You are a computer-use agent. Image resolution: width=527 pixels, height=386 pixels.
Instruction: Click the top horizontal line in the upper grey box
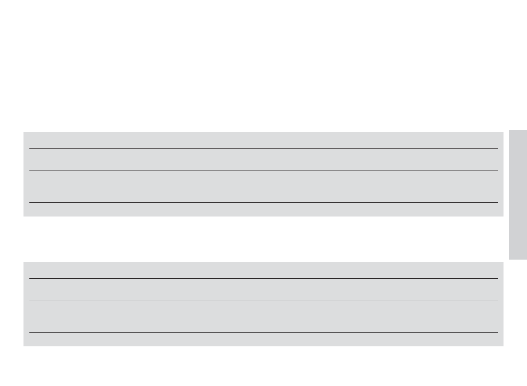click(263, 148)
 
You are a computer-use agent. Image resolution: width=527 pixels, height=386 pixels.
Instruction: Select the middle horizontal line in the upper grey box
click(263, 170)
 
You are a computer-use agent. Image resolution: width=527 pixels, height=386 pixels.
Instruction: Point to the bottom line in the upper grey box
click(263, 202)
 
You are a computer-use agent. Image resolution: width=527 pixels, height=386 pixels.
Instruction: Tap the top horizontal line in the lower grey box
click(263, 278)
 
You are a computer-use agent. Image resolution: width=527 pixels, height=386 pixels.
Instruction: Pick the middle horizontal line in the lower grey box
click(263, 300)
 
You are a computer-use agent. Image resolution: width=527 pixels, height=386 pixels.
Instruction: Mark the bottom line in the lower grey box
click(263, 333)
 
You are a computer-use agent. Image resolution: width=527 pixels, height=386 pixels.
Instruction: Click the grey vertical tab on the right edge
click(518, 194)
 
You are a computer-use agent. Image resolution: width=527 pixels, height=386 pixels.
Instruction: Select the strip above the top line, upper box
click(263, 141)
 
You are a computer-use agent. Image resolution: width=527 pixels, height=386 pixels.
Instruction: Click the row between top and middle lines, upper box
click(263, 159)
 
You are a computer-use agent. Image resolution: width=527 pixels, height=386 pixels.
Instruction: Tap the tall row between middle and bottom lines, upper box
click(263, 186)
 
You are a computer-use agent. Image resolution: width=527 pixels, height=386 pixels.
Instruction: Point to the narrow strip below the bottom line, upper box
click(263, 209)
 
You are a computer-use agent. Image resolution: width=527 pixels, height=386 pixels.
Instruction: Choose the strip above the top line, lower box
click(263, 270)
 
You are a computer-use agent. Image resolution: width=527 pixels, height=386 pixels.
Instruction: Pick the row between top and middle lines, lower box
click(263, 289)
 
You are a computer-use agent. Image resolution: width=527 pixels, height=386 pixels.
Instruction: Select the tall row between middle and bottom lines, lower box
click(263, 316)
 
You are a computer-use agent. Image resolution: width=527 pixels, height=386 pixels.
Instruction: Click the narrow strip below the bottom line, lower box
click(263, 339)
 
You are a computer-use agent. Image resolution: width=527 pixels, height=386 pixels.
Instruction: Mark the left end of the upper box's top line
click(30, 148)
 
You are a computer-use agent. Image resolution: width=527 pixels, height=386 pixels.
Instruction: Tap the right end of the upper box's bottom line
click(497, 202)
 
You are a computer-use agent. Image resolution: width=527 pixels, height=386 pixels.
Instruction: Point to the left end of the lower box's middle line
click(30, 300)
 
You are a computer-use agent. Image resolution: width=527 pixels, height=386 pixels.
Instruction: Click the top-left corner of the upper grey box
click(24, 133)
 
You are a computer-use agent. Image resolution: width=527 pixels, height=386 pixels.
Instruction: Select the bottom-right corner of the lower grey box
click(503, 345)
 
